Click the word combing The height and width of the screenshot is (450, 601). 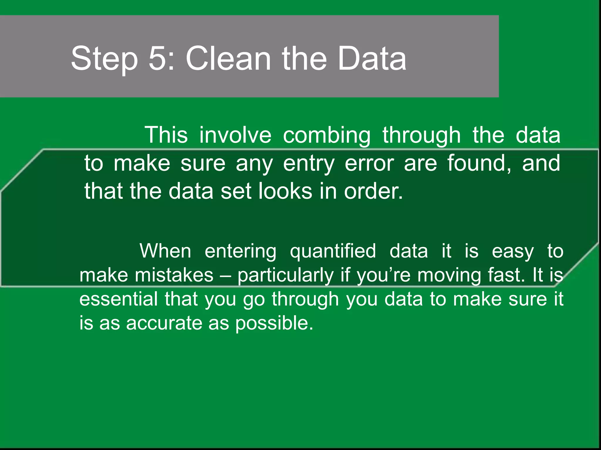point(327,136)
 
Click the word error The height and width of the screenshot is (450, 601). point(369,163)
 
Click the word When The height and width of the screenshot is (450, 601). point(165,251)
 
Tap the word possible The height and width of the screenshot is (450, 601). point(274,323)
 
